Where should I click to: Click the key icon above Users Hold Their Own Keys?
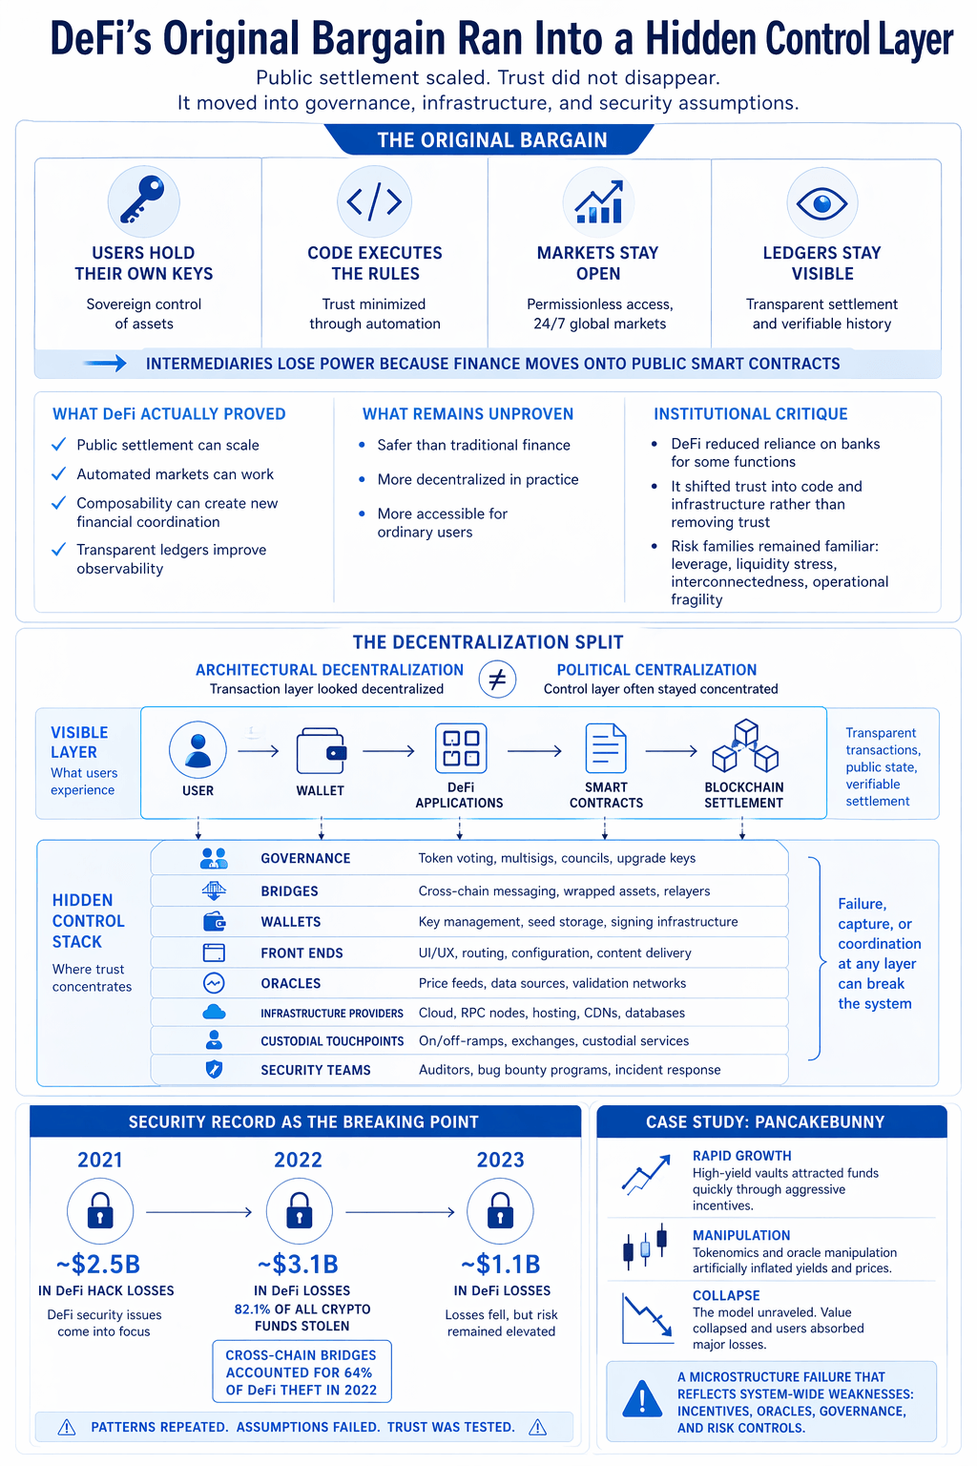143,200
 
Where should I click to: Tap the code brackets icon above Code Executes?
374,201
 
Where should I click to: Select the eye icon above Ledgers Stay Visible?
821,202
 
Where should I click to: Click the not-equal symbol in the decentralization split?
497,680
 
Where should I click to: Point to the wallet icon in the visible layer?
321,751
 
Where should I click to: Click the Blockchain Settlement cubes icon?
745,746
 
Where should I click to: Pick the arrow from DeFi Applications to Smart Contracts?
534,751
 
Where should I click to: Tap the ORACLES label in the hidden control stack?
290,983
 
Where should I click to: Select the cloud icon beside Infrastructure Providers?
214,1012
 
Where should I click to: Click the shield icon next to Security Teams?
214,1070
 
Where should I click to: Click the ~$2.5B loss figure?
98,1265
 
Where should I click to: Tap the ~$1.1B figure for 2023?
501,1265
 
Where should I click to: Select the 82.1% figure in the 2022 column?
252,1309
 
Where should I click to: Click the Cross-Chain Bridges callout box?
301,1372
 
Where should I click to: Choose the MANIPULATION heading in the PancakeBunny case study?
741,1235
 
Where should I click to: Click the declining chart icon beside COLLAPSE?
646,1317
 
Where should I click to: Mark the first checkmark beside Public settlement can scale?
59,445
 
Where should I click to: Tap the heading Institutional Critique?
750,414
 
